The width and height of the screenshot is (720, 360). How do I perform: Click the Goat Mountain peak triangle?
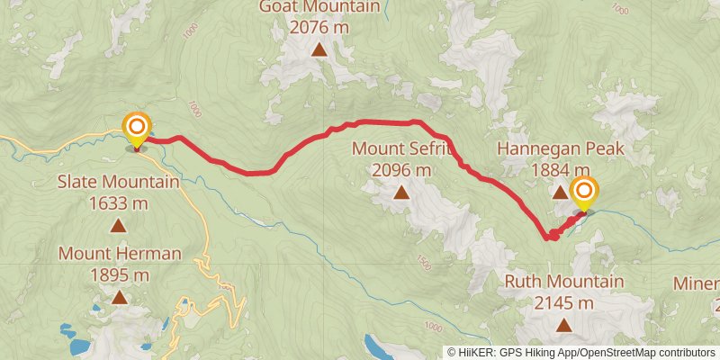(x=319, y=49)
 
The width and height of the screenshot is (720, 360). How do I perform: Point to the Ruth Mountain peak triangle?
(x=563, y=326)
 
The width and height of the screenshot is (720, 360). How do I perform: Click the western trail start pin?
(x=137, y=129)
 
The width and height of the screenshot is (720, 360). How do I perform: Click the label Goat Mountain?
(x=318, y=7)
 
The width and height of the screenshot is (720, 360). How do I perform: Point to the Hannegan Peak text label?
(x=560, y=148)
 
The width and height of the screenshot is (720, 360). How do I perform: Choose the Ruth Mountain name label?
(x=563, y=282)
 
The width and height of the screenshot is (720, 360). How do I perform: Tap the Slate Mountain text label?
(x=118, y=182)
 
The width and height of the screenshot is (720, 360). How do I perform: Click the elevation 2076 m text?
(x=319, y=27)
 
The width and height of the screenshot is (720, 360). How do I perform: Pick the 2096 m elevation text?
(x=400, y=168)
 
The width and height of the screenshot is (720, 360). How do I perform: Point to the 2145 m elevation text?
(x=563, y=302)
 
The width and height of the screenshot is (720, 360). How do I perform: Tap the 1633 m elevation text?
(x=118, y=202)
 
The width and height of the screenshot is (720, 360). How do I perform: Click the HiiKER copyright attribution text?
(x=581, y=353)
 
